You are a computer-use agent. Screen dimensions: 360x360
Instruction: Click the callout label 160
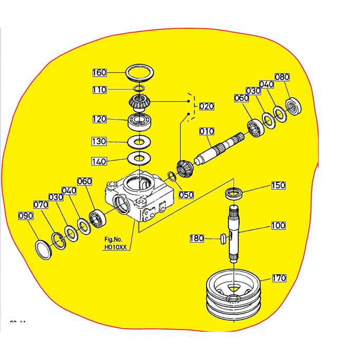coord(99,72)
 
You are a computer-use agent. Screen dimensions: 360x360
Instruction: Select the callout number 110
coord(99,90)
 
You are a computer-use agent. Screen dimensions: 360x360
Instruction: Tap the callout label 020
coord(207,106)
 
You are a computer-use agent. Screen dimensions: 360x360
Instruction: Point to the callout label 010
coord(206,132)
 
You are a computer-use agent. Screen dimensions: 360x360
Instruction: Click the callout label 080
coord(282,78)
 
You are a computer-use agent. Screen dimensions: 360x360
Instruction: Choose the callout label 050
coord(186,195)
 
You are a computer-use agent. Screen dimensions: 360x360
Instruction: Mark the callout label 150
coord(278,185)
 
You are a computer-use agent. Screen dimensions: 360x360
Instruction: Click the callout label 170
coord(279,278)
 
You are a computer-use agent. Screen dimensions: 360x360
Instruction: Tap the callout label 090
coord(25,215)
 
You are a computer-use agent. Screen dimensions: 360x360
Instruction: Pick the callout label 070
coord(41,205)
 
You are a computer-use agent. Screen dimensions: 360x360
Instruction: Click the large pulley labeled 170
coord(233,298)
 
